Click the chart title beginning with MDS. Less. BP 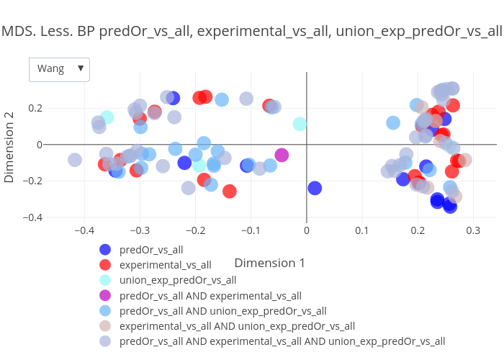(x=251, y=31)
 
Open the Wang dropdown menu (x=59, y=69)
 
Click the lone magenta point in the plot (x=282, y=155)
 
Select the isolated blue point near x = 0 (x=315, y=188)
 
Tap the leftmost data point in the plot (x=75, y=160)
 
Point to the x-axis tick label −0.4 (x=85, y=231)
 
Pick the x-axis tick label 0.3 (x=473, y=231)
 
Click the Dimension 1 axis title (x=269, y=263)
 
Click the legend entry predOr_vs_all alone (x=151, y=250)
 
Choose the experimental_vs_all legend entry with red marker (x=165, y=265)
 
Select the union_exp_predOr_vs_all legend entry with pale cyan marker (x=177, y=280)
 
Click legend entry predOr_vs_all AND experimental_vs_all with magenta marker (x=210, y=295)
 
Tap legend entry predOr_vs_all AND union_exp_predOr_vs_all (x=222, y=311)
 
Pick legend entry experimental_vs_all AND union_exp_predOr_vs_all (x=237, y=326)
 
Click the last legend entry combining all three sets (x=282, y=341)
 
